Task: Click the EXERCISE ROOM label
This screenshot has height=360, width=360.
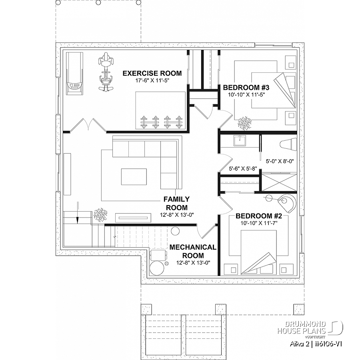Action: (152, 73)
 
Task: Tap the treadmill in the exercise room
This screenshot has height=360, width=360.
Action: (75, 73)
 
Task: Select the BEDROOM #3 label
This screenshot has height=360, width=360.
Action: (246, 88)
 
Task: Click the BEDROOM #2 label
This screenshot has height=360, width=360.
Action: (259, 216)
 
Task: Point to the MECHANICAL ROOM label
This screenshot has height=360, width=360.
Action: (193, 251)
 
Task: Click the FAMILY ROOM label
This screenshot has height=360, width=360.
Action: (176, 203)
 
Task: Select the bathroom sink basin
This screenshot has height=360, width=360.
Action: (240, 140)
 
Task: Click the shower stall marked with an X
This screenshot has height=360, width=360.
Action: (279, 182)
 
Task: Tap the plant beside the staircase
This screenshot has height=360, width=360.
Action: (100, 214)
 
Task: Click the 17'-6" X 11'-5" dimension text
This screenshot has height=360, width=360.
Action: (152, 80)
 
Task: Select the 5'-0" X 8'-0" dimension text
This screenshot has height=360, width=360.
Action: (280, 161)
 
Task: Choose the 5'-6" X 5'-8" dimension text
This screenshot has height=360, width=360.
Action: (243, 168)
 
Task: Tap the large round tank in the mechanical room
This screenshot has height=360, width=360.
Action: (157, 267)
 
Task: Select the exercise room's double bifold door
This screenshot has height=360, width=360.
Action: (88, 125)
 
